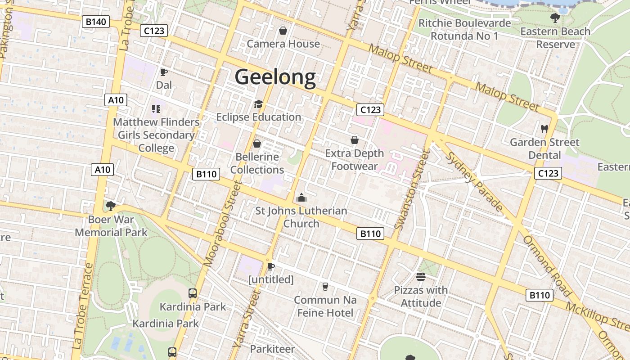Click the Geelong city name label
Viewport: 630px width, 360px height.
275,77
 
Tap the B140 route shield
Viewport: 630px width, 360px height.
96,21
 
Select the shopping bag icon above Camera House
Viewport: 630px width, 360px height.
283,31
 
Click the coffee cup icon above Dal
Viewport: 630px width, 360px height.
164,72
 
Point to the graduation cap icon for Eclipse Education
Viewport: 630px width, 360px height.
258,104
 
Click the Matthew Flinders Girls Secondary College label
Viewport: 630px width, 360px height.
156,135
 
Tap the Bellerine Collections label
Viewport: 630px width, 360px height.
257,163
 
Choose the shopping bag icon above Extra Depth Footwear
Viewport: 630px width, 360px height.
355,140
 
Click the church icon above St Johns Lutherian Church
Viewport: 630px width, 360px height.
301,198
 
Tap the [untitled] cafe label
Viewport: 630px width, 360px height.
271,279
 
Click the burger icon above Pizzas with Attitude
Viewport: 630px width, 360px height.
421,276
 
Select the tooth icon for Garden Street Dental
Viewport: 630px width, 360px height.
544,129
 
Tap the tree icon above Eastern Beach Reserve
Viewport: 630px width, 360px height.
555,18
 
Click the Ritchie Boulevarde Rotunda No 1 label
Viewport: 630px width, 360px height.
464,29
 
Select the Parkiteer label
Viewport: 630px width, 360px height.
272,349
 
